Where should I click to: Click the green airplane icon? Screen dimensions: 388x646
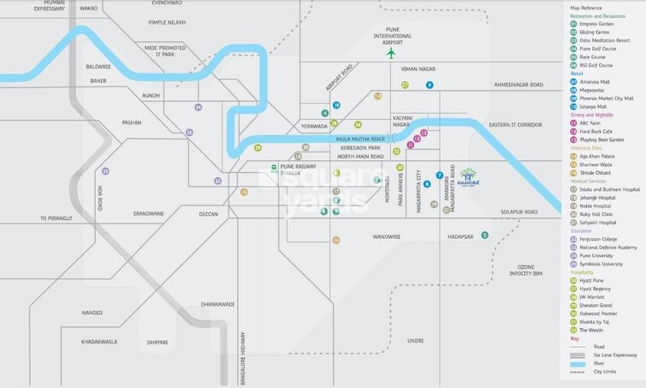point(391,53)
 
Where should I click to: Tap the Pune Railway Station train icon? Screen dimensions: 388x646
point(274,167)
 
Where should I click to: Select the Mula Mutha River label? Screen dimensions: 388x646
point(363,138)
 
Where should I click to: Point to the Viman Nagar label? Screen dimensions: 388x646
point(419,68)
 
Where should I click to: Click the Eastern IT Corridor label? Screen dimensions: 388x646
point(516,125)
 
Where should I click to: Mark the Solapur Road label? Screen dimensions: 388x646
point(520,212)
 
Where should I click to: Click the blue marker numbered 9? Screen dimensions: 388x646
point(430,85)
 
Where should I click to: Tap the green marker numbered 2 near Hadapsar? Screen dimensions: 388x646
point(484,235)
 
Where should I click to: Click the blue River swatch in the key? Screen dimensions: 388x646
point(575,363)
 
